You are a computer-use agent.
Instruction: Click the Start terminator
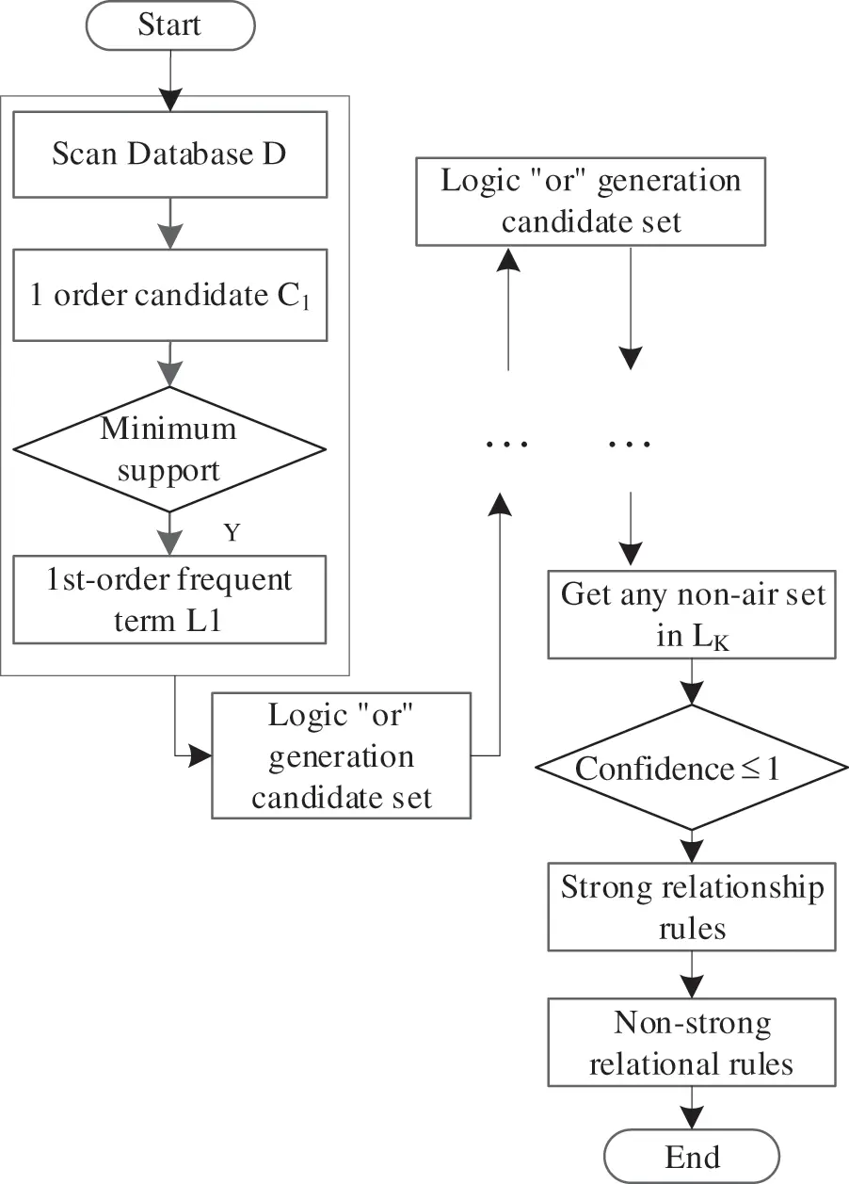pos(169,25)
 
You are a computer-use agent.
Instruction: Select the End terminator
pos(692,1156)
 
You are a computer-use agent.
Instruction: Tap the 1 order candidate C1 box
pos(169,294)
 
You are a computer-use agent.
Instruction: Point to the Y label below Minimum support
pos(231,533)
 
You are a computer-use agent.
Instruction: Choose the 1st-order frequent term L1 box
pos(169,599)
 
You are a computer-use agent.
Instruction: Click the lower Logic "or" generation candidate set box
pos(341,756)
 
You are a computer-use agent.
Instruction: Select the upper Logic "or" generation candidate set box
pos(591,202)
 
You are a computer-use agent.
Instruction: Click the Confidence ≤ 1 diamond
pos(692,769)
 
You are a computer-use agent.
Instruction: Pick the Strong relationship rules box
pos(692,907)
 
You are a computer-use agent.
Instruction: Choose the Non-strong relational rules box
pos(692,1044)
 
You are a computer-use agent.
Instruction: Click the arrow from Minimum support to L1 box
pos(169,534)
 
